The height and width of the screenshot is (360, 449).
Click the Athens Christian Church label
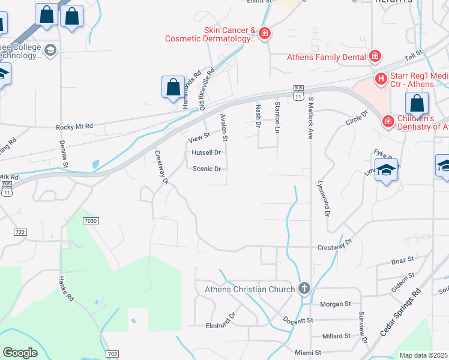250,289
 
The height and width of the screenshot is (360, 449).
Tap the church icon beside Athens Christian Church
304,289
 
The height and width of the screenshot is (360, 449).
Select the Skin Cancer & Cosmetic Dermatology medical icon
264,34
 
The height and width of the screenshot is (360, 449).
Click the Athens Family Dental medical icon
375,57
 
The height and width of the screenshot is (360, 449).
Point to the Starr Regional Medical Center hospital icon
381,79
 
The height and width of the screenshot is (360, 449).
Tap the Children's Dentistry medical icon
388,122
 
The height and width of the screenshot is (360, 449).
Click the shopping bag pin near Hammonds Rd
173,88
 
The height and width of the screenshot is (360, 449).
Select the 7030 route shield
91,221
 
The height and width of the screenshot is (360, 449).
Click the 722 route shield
20,232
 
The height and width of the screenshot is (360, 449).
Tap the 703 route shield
112,354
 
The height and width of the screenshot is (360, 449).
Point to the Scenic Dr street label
207,169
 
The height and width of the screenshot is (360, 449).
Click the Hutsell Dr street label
206,152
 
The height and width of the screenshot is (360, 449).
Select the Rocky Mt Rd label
74,127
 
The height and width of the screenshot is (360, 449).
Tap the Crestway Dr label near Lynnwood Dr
334,246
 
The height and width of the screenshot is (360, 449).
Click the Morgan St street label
335,304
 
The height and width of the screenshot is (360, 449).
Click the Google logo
20,353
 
